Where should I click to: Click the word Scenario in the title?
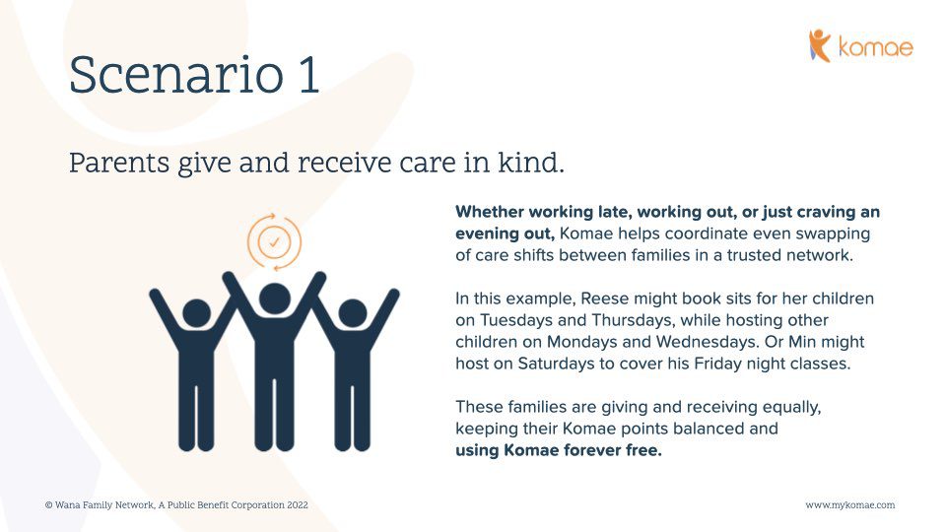pos(176,75)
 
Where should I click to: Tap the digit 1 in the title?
pos(308,75)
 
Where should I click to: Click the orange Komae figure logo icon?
pos(819,45)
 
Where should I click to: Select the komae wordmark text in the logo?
pos(876,47)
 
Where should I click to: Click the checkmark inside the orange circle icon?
pos(274,242)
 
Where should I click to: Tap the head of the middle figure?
pos(275,299)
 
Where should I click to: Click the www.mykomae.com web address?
pos(850,504)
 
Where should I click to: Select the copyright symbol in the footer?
pos(49,504)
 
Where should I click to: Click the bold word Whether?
pos(490,212)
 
